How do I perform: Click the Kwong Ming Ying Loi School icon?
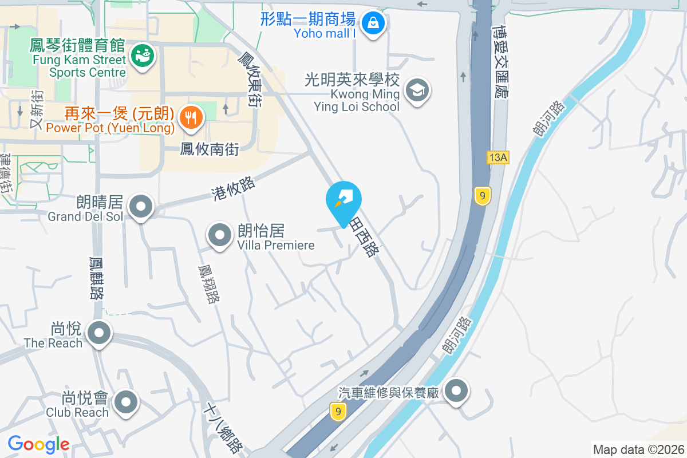point(417,90)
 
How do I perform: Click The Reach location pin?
point(99,333)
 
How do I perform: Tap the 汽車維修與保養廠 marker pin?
point(456,392)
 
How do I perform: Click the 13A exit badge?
point(498,157)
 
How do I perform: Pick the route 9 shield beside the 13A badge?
point(483,196)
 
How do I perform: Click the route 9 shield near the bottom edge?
point(338,410)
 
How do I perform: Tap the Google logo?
point(38,444)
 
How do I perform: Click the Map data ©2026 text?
point(638,449)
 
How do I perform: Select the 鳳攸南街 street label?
point(210,149)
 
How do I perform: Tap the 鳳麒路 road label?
point(96,277)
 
